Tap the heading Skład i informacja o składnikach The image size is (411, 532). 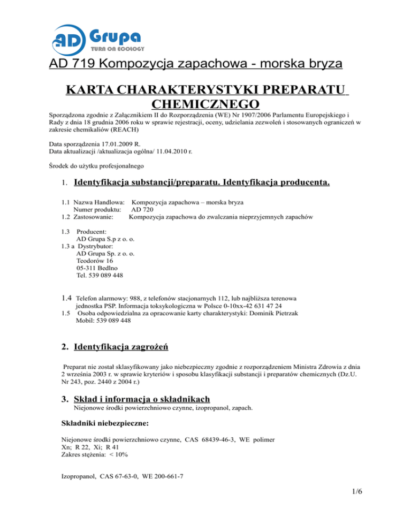tap(141, 399)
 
